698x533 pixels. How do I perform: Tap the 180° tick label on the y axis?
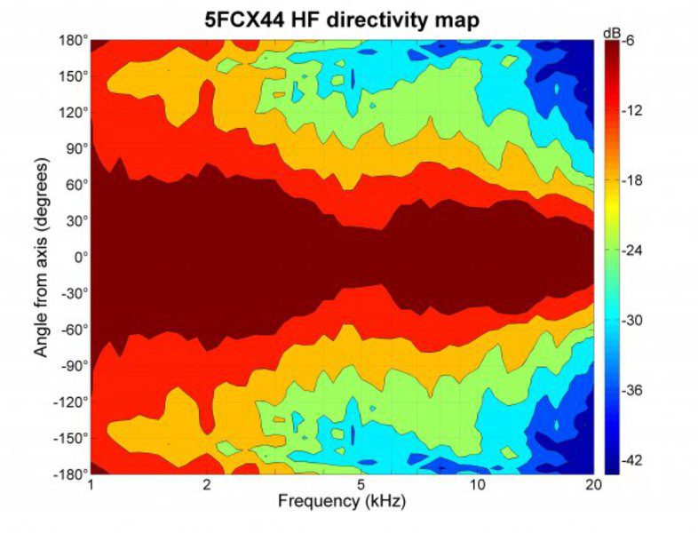tap(75, 41)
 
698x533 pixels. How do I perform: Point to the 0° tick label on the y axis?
tap(80, 258)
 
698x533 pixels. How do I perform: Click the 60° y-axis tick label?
tap(76, 186)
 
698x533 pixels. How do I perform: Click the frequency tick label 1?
tap(91, 486)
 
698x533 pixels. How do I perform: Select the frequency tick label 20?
tap(593, 486)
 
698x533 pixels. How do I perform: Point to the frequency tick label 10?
tap(477, 486)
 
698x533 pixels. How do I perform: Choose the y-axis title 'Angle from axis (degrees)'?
tap(41, 258)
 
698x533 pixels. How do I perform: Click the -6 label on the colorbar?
tap(627, 41)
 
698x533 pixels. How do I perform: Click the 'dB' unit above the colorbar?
tap(611, 33)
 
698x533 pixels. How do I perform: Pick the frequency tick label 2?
tap(206, 486)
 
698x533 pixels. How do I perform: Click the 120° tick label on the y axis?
tap(75, 113)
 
